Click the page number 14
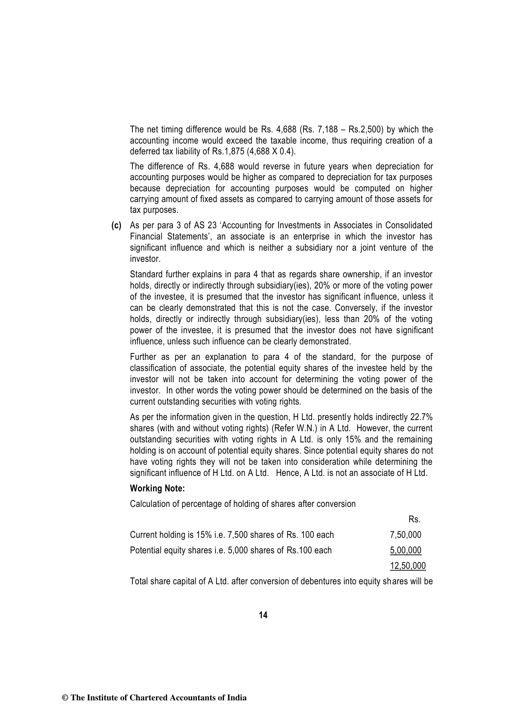263,615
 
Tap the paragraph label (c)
117,225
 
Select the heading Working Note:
157,488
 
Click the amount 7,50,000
405,535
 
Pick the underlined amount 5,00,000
405,550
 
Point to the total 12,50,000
408,566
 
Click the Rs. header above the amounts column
414,519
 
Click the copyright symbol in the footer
65,698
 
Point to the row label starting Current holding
232,535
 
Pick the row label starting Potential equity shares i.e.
231,550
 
